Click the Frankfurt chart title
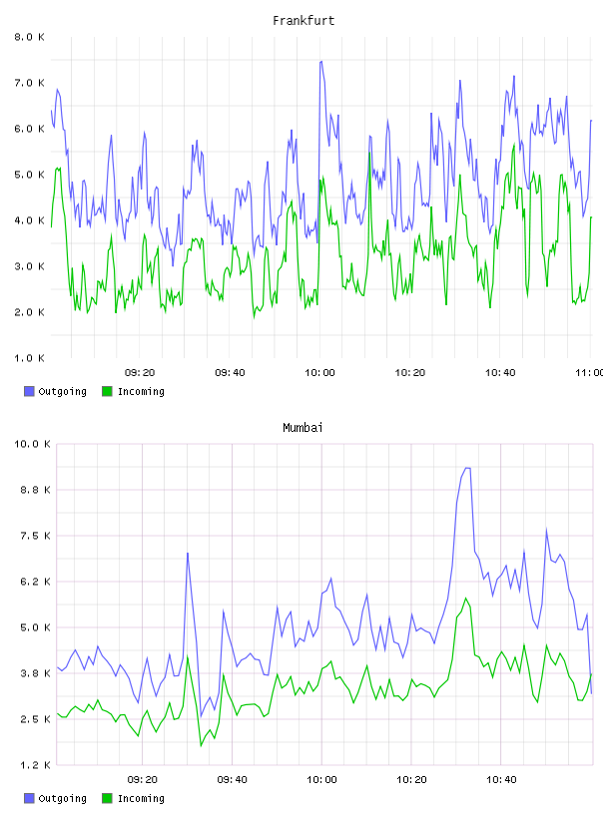click(303, 21)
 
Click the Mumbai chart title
click(303, 428)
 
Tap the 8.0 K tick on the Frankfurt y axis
click(30, 37)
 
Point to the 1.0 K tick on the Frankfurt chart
click(30, 358)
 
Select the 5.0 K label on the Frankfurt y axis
click(30, 175)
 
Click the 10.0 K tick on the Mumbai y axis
click(32, 444)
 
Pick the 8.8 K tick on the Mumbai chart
click(35, 490)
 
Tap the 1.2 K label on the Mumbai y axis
click(35, 765)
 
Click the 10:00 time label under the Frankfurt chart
click(319, 373)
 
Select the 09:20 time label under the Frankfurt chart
click(140, 373)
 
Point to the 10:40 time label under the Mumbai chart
click(501, 780)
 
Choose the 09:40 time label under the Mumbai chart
click(232, 780)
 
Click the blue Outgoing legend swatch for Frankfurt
click(29, 391)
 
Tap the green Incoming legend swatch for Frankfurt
click(107, 391)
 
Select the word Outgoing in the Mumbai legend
click(62, 798)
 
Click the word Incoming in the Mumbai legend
click(141, 798)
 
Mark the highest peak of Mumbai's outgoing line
click(467, 468)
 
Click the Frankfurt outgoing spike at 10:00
click(321, 62)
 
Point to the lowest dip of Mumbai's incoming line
click(201, 745)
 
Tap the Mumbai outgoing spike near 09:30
click(187, 554)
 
